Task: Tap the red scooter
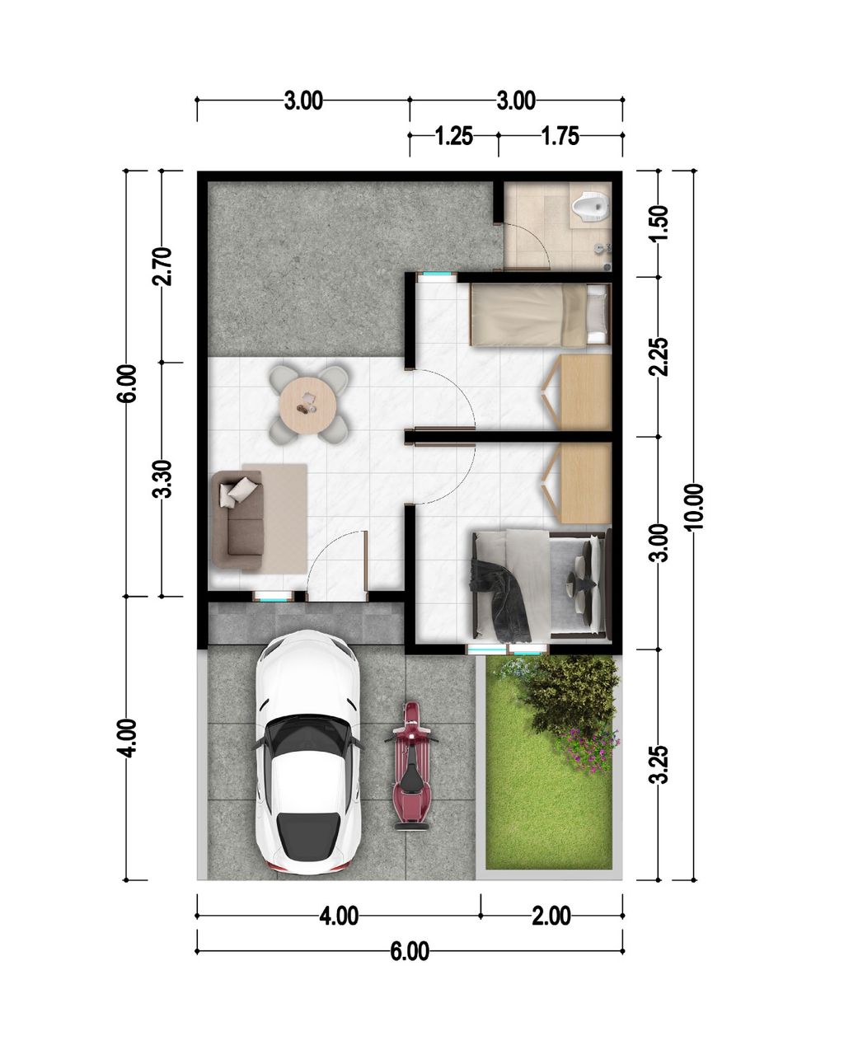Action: (x=410, y=767)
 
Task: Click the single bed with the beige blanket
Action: (x=540, y=314)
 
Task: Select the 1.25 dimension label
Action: (x=453, y=136)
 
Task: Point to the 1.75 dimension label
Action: (x=560, y=136)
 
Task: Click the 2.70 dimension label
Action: (x=162, y=266)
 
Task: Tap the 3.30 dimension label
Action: (x=162, y=479)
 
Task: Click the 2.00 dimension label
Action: (x=551, y=916)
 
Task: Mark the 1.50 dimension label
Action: (x=659, y=222)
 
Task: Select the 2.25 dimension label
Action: (x=659, y=357)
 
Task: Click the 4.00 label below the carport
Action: (x=338, y=916)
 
